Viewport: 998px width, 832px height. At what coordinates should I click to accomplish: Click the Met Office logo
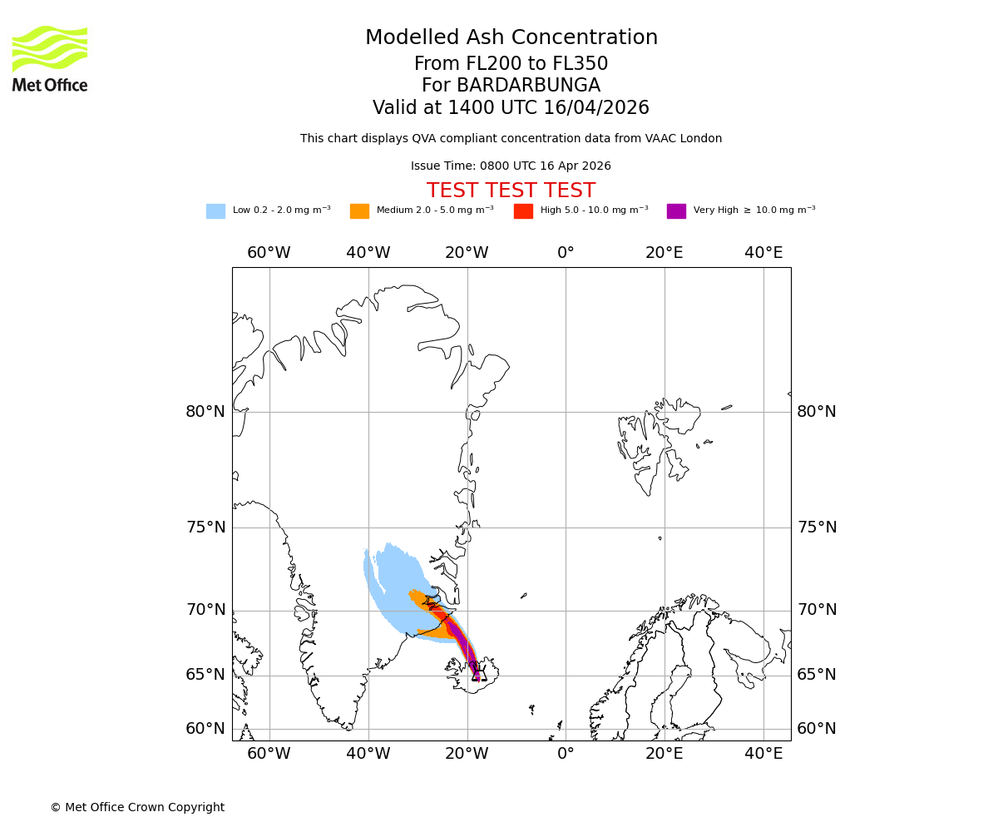pyautogui.click(x=50, y=58)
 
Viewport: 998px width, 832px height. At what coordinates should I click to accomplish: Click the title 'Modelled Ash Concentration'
pyautogui.click(x=511, y=38)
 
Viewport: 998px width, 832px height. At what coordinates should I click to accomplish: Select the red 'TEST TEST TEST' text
pyautogui.click(x=511, y=191)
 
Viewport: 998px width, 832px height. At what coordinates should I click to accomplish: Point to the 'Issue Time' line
pyautogui.click(x=511, y=166)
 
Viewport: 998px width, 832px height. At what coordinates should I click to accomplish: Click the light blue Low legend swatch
pyautogui.click(x=215, y=211)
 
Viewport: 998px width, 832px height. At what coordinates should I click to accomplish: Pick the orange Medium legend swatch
pyautogui.click(x=359, y=211)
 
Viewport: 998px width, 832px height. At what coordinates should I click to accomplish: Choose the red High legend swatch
pyautogui.click(x=523, y=211)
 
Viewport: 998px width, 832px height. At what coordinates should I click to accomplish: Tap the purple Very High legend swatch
pyautogui.click(x=676, y=211)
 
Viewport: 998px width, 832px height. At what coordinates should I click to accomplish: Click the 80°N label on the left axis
pyautogui.click(x=205, y=412)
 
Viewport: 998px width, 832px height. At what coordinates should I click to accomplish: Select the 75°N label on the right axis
pyautogui.click(x=817, y=527)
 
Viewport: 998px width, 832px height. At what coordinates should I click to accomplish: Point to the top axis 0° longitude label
pyautogui.click(x=566, y=253)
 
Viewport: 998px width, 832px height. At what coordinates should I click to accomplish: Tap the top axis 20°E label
pyautogui.click(x=665, y=253)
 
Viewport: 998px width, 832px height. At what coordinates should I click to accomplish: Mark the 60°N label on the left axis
pyautogui.click(x=205, y=729)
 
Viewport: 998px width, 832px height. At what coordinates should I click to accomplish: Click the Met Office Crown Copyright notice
pyautogui.click(x=137, y=807)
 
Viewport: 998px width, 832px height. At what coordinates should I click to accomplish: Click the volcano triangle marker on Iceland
pyautogui.click(x=478, y=675)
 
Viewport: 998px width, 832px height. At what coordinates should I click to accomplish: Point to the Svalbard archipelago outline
pyautogui.click(x=653, y=441)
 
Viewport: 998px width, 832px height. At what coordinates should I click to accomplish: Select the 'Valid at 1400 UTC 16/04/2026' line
pyautogui.click(x=511, y=108)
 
